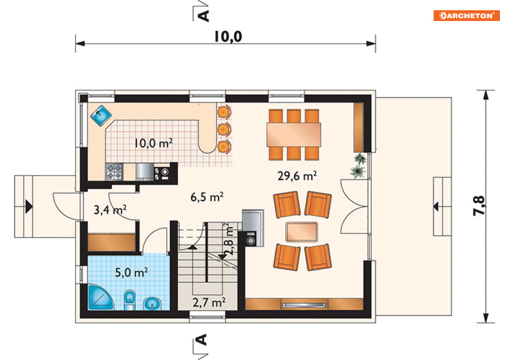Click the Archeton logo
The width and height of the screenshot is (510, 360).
466,15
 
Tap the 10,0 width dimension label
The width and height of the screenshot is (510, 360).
228,36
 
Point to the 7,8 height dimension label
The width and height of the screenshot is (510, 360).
479,206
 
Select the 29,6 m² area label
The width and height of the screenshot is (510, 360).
297,176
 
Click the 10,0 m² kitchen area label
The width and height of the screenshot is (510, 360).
154,143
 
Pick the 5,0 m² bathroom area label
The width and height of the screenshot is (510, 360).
132,272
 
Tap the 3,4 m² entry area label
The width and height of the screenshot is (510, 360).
110,210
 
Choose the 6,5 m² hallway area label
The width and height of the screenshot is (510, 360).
207,197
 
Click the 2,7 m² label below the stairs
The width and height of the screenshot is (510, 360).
209,303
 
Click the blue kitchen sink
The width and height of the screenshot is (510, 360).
101,115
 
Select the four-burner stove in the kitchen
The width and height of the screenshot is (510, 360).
114,172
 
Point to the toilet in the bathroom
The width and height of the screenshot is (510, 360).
130,300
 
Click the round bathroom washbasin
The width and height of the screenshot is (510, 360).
152,304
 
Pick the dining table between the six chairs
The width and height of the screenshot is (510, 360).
294,135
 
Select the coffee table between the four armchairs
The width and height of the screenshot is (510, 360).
302,231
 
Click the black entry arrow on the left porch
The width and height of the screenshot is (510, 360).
29,206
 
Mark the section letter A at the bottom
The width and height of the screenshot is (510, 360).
202,340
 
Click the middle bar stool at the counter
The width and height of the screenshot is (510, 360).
224,130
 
